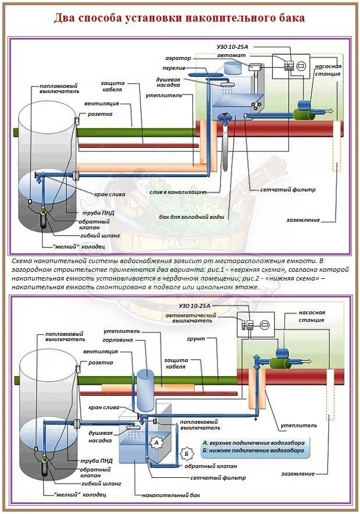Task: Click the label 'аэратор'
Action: (178, 58)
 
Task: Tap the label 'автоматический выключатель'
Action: (200, 319)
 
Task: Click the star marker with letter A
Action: (156, 442)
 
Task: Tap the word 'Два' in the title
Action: (65, 18)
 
